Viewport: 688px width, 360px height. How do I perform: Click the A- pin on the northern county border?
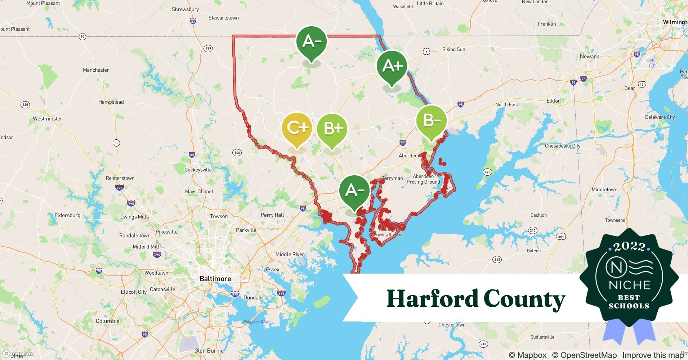(311, 41)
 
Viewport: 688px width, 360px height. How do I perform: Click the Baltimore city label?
(215, 279)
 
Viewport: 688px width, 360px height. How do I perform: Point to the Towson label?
(219, 216)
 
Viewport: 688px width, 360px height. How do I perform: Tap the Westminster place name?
(48, 118)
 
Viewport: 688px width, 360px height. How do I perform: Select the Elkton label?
(553, 101)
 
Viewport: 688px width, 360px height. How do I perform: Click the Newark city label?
(589, 57)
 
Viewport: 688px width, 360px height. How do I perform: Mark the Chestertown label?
(452, 325)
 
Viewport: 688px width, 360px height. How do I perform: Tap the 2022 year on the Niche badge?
(629, 247)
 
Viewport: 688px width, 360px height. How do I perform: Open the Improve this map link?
(653, 355)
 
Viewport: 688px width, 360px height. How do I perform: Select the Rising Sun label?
(454, 49)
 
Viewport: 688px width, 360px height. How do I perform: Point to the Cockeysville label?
(198, 170)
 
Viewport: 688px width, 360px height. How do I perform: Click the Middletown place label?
(604, 189)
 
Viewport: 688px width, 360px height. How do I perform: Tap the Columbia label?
(107, 321)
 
